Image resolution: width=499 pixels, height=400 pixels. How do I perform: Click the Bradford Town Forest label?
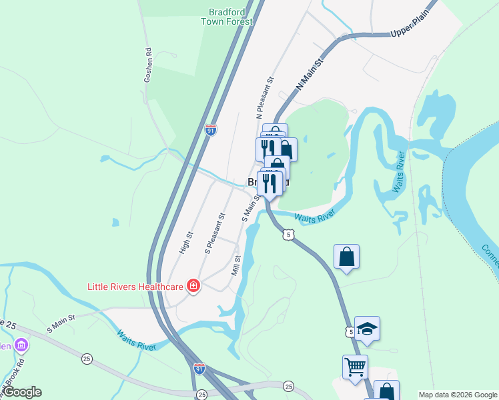227,17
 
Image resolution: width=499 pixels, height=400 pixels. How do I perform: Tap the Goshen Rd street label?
149,65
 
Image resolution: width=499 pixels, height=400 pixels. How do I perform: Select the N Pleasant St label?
265,97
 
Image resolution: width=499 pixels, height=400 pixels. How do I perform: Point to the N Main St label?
309,73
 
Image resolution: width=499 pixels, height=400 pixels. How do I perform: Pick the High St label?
185,243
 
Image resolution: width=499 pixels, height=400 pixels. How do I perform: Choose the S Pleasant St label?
215,234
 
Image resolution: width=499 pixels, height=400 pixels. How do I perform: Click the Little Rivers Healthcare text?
136,287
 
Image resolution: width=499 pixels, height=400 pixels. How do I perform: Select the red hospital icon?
193,286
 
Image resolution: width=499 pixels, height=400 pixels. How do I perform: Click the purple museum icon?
21,345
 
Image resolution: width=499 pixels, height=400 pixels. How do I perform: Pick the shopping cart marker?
355,366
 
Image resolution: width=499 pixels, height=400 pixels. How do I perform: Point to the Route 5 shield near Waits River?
288,234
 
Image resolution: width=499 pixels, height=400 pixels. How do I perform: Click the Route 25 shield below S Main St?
87,359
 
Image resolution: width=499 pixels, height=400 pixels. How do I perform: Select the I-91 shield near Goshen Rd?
211,130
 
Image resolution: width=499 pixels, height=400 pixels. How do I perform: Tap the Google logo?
21,392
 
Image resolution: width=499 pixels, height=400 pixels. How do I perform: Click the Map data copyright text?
458,395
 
